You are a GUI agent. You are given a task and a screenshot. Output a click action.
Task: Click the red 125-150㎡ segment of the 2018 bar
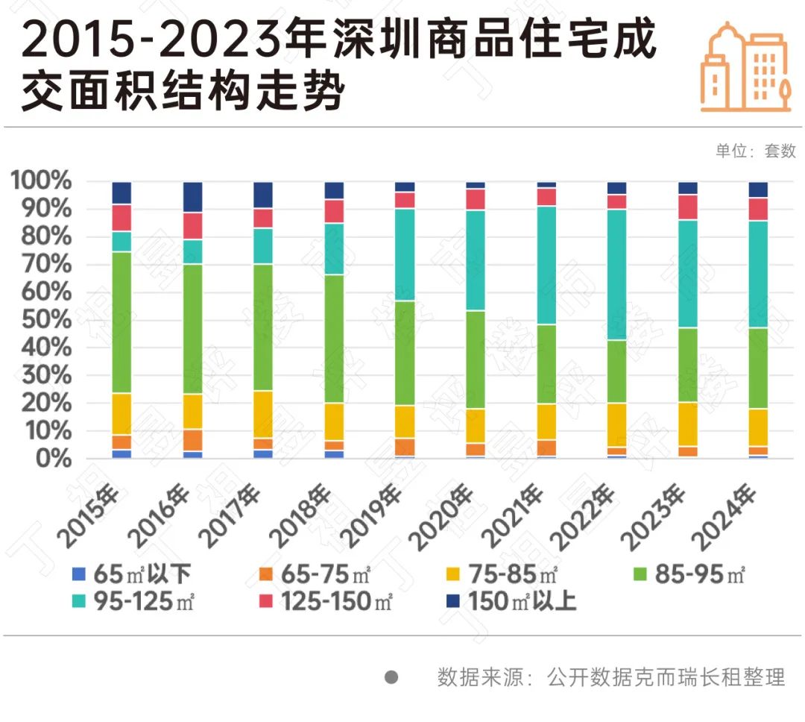coord(334,211)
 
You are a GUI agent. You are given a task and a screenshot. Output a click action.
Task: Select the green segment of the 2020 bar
coord(475,360)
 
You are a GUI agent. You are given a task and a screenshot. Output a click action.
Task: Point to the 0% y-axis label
coord(49,459)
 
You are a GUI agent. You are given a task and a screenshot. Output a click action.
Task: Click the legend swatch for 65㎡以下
coord(79,574)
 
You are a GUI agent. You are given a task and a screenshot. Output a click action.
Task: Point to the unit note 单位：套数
coord(756,151)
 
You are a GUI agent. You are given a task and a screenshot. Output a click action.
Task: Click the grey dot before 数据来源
coord(391,677)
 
